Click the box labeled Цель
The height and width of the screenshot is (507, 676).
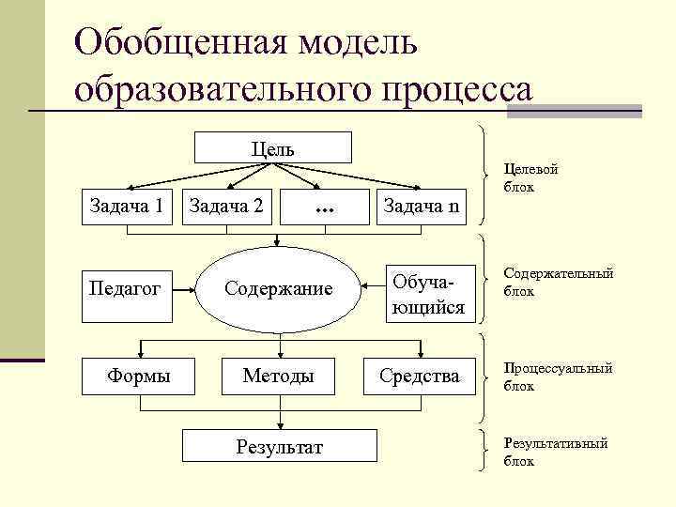coord(272,148)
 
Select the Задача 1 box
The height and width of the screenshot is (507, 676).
coord(127,204)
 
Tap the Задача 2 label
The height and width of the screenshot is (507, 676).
coord(225,205)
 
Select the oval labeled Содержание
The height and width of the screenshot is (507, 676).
coord(278,288)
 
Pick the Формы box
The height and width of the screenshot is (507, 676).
coord(139,376)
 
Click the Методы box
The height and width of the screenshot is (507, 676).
coord(278,376)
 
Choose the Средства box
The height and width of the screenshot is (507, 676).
coord(420,376)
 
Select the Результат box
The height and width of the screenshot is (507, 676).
coord(279,447)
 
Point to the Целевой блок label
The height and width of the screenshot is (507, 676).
coord(530,177)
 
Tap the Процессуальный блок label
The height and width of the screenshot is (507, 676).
coord(558,376)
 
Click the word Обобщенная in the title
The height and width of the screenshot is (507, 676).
coord(182,43)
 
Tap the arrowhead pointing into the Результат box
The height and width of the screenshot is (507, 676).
coord(279,426)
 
